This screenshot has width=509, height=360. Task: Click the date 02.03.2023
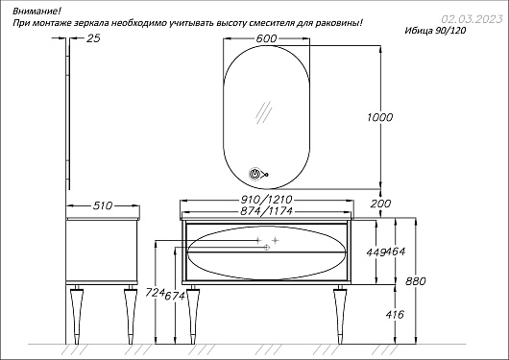(x=472, y=19)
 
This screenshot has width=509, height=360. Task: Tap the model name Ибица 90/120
(x=435, y=31)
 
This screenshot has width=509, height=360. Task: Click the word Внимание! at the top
(x=36, y=12)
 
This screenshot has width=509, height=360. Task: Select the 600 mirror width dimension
(x=266, y=38)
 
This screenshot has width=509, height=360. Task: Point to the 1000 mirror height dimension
(x=379, y=117)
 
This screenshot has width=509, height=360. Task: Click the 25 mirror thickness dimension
(x=93, y=38)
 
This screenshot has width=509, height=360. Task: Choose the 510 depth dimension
(x=103, y=205)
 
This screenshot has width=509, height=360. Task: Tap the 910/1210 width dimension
(x=267, y=199)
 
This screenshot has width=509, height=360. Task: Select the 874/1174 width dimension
(x=267, y=211)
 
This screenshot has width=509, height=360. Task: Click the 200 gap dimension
(x=380, y=204)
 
